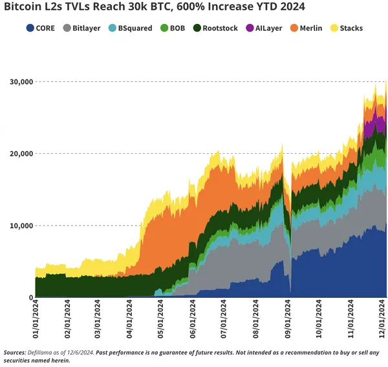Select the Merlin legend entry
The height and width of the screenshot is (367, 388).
click(x=307, y=28)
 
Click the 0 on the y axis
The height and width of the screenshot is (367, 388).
click(x=30, y=298)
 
